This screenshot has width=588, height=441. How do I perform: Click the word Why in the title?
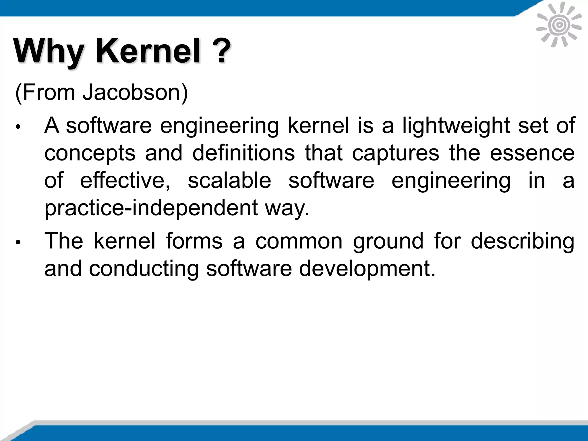(x=49, y=52)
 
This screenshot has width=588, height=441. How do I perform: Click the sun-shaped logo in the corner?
(x=559, y=25)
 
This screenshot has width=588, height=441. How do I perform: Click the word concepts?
(x=90, y=153)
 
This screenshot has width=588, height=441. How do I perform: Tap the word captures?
(x=396, y=153)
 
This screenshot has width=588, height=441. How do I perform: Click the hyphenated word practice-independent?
(x=151, y=208)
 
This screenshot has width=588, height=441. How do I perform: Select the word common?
(x=299, y=241)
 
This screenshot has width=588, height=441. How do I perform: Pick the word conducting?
(x=144, y=269)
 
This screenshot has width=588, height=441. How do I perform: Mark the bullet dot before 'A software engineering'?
(x=18, y=127)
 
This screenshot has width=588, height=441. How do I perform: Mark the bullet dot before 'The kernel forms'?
(x=18, y=242)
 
